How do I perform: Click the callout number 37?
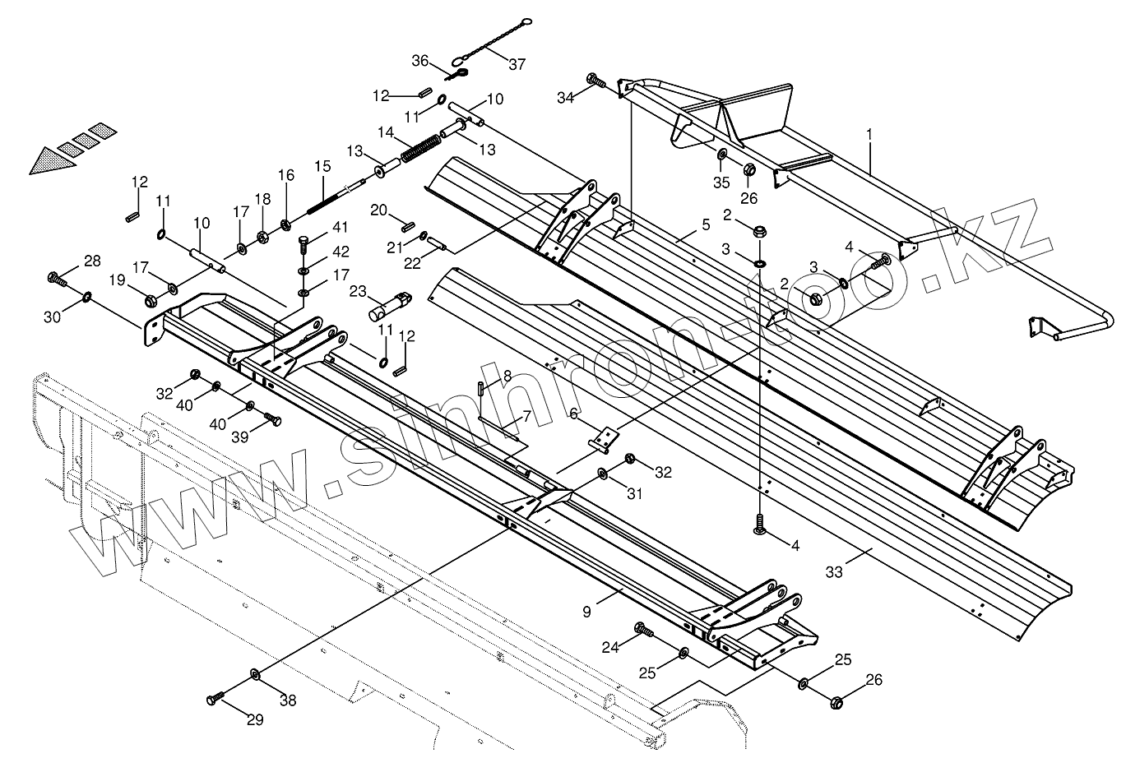coord(517,64)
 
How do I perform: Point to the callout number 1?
coord(870,132)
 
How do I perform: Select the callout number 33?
coord(834,572)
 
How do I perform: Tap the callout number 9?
coord(586,612)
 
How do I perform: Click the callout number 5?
coord(705,224)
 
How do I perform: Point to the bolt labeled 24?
coord(644,631)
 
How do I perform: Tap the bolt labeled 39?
coord(273,420)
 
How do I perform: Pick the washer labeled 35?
coord(721,155)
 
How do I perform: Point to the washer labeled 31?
coord(603,474)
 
